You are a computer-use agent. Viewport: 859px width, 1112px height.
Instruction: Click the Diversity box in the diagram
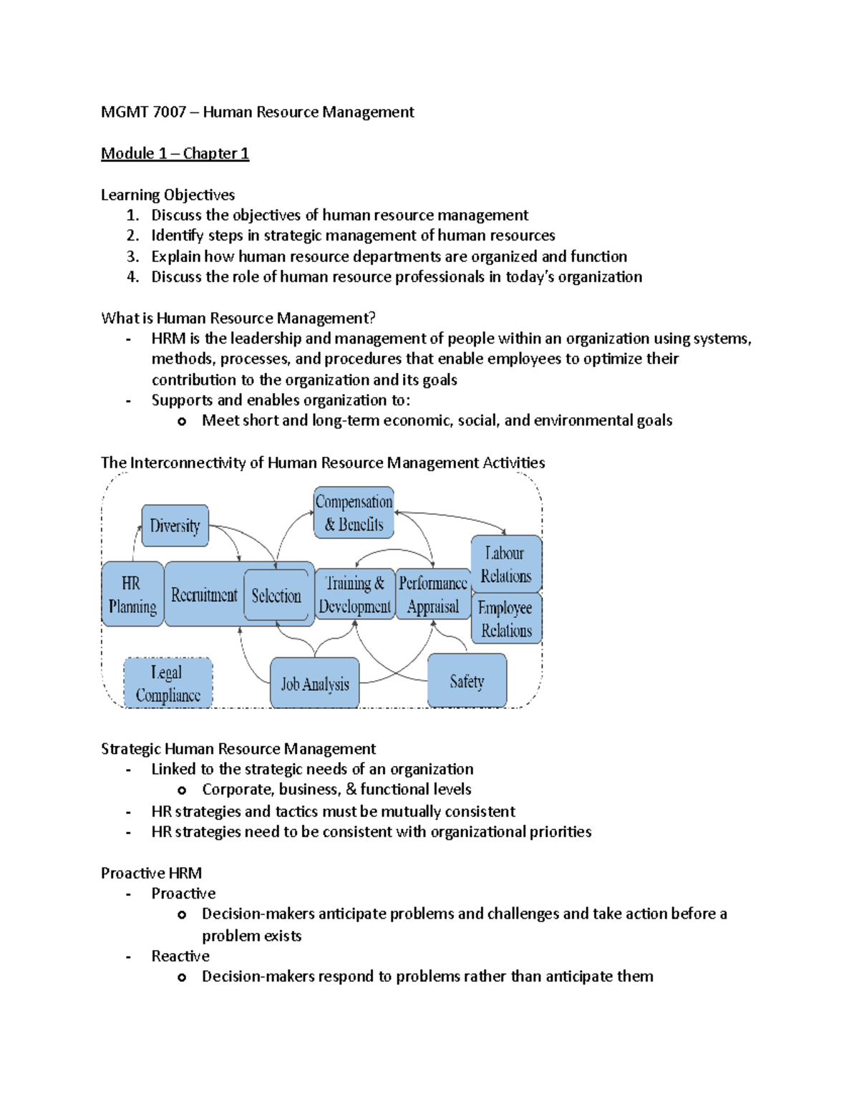click(x=175, y=526)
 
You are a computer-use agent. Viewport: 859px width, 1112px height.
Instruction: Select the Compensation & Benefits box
click(x=354, y=513)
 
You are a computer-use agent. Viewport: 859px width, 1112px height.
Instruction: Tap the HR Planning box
click(x=132, y=594)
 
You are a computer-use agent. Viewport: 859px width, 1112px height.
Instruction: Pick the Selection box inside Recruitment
click(x=276, y=595)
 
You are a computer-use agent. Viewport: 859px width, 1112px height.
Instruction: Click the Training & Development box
click(x=354, y=594)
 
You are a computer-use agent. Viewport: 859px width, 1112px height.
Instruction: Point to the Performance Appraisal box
click(x=432, y=594)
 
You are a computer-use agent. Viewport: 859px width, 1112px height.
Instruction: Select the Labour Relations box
click(x=506, y=564)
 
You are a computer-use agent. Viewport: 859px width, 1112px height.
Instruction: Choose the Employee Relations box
click(x=506, y=619)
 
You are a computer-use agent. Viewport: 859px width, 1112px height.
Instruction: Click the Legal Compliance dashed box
click(x=168, y=683)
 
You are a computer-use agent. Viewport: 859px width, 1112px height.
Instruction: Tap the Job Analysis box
click(x=315, y=684)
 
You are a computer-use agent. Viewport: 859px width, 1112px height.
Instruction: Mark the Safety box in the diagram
click(x=467, y=681)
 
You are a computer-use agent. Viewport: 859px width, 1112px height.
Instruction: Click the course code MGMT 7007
click(x=143, y=112)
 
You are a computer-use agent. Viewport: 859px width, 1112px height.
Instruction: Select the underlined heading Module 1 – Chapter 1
click(x=175, y=153)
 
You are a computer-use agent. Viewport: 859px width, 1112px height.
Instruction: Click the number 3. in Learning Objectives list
click(x=132, y=256)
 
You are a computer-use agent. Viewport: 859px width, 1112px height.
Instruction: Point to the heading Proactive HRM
click(x=151, y=873)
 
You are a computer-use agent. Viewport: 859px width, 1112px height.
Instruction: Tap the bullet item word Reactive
click(x=180, y=956)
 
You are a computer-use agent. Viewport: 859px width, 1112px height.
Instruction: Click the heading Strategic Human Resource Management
click(x=238, y=748)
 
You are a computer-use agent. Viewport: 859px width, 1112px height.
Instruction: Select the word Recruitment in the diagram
click(x=204, y=595)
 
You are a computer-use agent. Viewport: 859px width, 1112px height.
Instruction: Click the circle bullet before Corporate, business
click(x=182, y=790)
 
